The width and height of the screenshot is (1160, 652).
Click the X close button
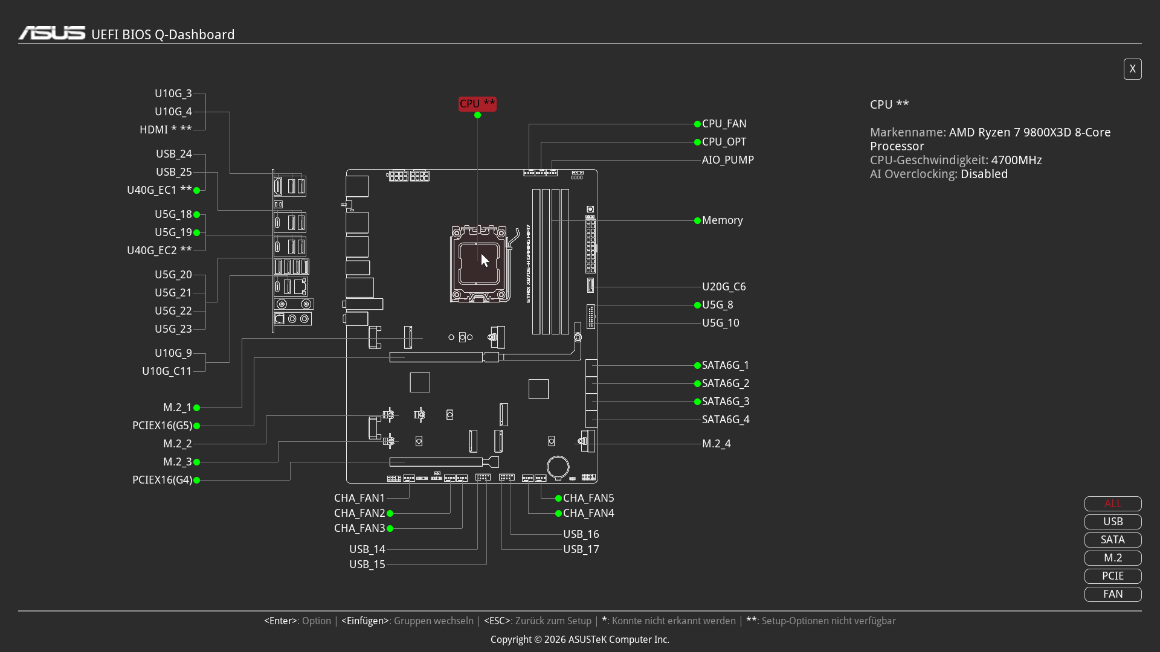point(1132,69)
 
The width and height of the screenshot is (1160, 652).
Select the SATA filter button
point(1113,540)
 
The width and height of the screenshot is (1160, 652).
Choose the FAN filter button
point(1113,594)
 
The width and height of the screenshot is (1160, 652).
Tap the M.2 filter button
point(1113,558)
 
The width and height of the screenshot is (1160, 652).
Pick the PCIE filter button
point(1113,576)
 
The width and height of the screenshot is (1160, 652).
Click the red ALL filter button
point(1113,503)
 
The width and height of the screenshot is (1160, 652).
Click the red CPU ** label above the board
point(477,104)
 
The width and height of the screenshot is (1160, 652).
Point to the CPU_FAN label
point(724,124)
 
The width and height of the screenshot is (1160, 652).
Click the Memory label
point(722,220)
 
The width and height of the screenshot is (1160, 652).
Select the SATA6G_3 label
point(725,401)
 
